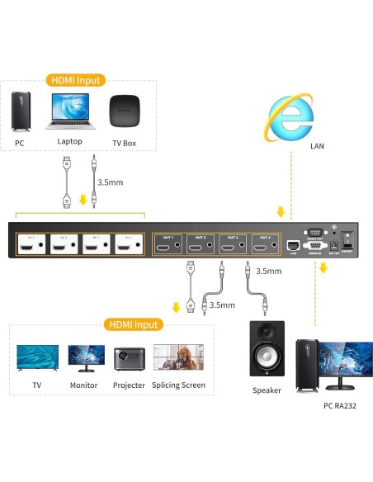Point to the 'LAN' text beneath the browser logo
click(318, 146)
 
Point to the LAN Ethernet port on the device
click(293, 245)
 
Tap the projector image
click(128, 359)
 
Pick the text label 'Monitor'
click(83, 385)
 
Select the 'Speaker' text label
click(267, 390)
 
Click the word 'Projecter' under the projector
click(128, 385)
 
